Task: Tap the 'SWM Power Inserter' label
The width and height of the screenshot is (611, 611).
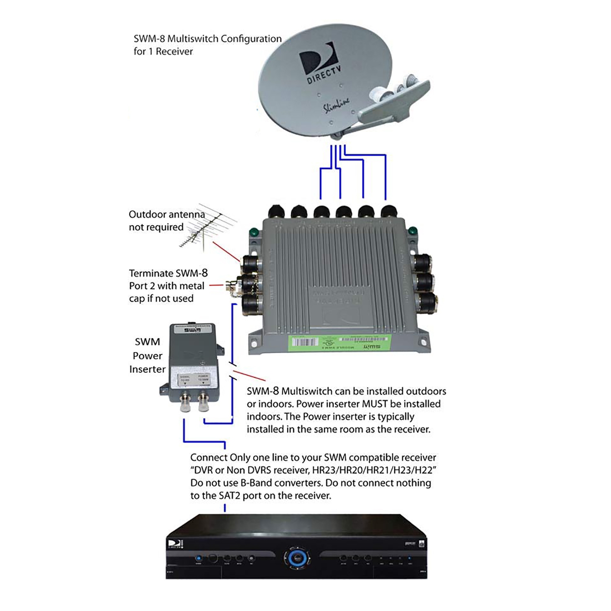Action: pyautogui.click(x=147, y=356)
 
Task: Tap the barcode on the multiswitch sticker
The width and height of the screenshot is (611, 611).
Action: pyautogui.click(x=304, y=342)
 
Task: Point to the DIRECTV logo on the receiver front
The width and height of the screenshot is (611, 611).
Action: pyautogui.click(x=175, y=544)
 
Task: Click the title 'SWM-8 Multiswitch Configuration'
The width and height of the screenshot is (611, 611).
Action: pyautogui.click(x=207, y=39)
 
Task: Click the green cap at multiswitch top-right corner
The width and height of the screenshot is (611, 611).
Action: pyautogui.click(x=413, y=231)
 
